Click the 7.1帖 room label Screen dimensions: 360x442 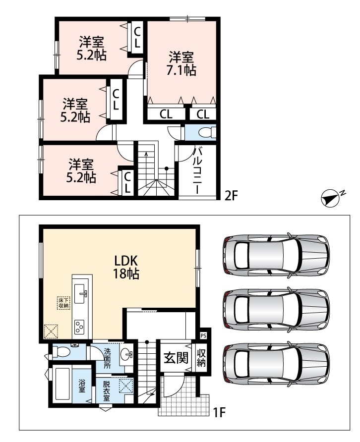point(181,63)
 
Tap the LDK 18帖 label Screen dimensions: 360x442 point(126,267)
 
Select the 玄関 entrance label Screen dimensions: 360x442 point(176,358)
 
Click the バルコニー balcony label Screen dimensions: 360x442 point(198,170)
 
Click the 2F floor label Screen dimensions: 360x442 point(232,195)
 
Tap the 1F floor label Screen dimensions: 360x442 point(219,413)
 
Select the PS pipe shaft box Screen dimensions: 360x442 point(203,336)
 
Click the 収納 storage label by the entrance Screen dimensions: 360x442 point(201,358)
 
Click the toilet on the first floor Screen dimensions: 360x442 point(61,351)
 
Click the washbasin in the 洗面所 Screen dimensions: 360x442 point(126,353)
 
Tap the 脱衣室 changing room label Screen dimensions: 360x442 point(106,390)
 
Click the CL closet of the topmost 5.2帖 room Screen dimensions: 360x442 point(137,37)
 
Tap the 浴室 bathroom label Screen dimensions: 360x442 point(82,386)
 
